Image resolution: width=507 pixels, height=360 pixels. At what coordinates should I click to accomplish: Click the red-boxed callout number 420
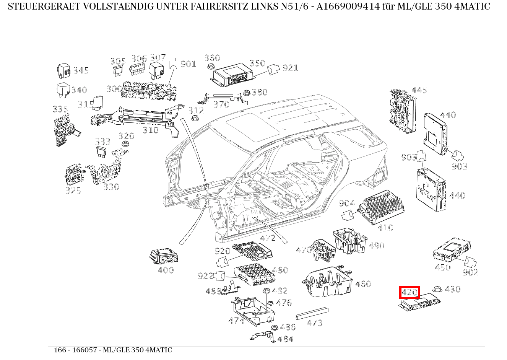click(x=409, y=293)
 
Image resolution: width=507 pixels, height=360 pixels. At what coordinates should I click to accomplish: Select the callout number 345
click(x=81, y=70)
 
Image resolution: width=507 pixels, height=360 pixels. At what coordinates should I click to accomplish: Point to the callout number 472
click(x=268, y=238)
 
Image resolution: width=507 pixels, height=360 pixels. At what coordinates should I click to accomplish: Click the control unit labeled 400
click(x=163, y=255)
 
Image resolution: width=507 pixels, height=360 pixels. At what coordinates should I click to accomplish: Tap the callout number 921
click(x=290, y=68)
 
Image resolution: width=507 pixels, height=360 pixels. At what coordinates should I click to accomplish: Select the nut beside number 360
click(x=210, y=67)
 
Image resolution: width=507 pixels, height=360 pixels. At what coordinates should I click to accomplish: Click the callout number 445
click(x=419, y=90)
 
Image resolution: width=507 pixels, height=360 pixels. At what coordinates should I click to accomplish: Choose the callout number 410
click(x=385, y=228)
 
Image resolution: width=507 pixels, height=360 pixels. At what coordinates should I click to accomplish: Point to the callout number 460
click(x=363, y=284)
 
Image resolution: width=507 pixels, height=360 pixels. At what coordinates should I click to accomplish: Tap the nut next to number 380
click(x=247, y=93)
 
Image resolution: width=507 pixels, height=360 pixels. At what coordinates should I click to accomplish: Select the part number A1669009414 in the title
click(x=348, y=7)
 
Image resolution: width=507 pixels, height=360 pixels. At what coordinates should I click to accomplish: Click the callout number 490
click(x=376, y=246)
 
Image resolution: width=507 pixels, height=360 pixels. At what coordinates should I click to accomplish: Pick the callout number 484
click(x=285, y=339)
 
